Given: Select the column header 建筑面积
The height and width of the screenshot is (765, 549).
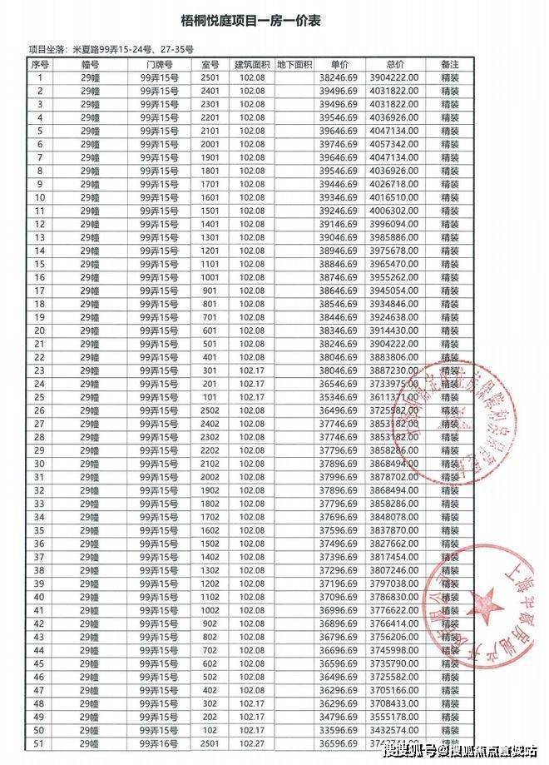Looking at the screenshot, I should click(251, 65).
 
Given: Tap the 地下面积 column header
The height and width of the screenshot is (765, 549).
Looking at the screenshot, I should click(294, 65).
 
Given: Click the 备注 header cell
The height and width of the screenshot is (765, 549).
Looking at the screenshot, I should click(450, 65).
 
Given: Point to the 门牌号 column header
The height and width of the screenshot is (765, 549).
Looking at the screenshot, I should click(158, 65).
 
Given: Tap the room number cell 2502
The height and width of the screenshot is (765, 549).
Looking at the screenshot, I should click(210, 410).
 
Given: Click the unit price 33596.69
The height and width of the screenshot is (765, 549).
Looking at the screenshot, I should click(338, 730).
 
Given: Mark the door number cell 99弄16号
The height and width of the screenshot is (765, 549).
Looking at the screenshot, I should click(158, 743).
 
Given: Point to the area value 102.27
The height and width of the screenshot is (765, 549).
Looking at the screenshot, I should click(251, 743).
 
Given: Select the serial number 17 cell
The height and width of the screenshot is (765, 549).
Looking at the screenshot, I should click(40, 291).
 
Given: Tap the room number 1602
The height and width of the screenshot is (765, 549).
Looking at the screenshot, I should click(210, 530).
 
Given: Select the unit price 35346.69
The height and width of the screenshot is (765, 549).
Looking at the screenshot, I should click(338, 397).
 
